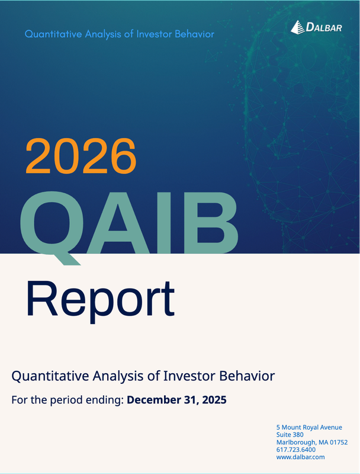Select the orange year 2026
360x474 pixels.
[x=81, y=155]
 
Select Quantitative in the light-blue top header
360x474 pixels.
[x=51, y=34]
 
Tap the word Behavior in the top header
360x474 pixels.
[x=194, y=34]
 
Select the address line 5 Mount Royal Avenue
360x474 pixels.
[x=308, y=427]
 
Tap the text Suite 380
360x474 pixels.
[x=290, y=435]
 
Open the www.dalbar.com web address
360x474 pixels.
[x=300, y=457]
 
